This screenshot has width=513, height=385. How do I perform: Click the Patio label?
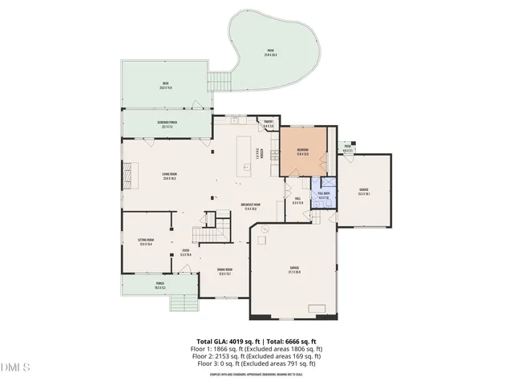point(271,51)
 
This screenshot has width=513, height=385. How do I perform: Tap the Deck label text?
point(165,86)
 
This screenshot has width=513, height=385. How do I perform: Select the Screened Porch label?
point(168,124)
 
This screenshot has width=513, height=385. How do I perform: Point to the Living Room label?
point(170,177)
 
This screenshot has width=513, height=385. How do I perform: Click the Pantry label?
point(269,124)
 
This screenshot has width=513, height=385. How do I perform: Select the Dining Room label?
point(224,271)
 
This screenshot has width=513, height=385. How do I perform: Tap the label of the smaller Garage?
point(363,191)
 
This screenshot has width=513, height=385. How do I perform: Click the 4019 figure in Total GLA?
point(240,342)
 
